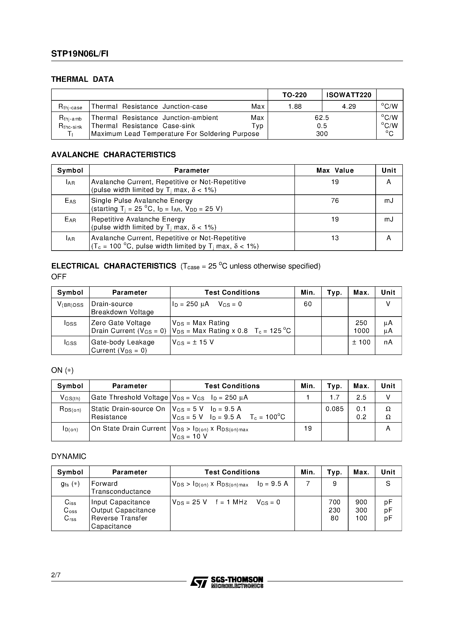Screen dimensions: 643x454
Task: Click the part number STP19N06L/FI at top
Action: click(80, 54)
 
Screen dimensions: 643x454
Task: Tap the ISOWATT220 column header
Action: click(349, 95)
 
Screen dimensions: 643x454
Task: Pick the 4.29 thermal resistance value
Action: click(349, 106)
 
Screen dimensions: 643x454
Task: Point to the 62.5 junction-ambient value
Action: click(322, 118)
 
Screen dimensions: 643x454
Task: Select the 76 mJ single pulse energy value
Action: click(335, 201)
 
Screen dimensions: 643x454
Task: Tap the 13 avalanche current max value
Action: click(335, 238)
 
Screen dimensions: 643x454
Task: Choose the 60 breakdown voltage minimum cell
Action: click(308, 304)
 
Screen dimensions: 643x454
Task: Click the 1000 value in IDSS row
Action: click(361, 331)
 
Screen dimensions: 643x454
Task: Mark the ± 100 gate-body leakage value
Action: click(361, 342)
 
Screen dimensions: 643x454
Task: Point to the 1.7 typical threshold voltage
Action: click(334, 397)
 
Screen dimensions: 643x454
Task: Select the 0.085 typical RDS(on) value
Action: click(334, 409)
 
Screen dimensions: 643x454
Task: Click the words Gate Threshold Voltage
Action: click(129, 397)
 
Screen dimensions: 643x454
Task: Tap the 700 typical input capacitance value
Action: click(334, 502)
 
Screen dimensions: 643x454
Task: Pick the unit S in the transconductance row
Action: click(388, 484)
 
